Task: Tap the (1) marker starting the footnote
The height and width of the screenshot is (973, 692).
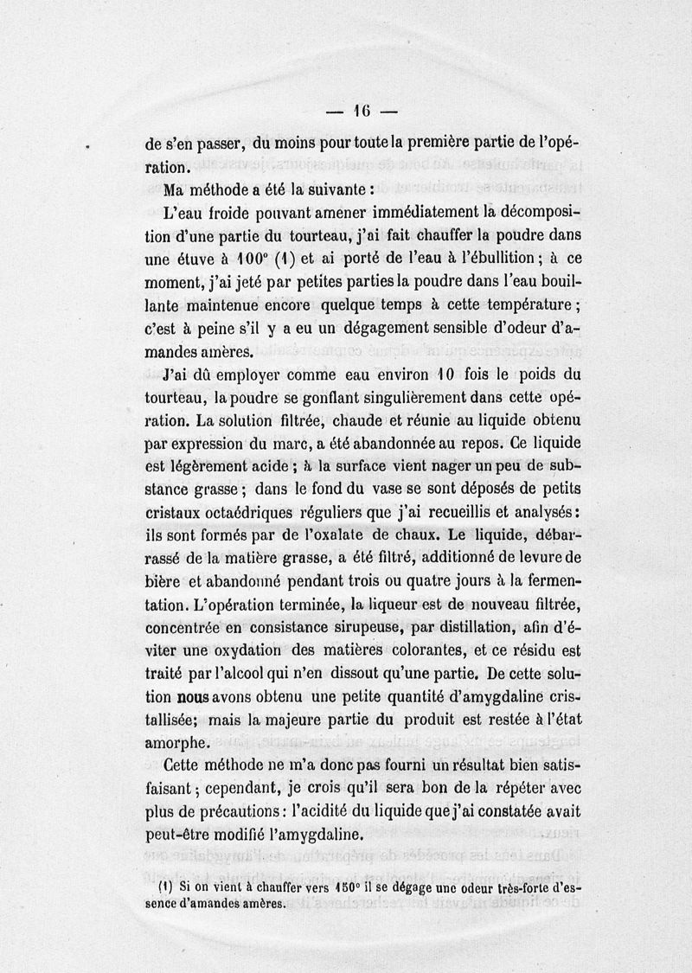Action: pyautogui.click(x=163, y=887)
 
